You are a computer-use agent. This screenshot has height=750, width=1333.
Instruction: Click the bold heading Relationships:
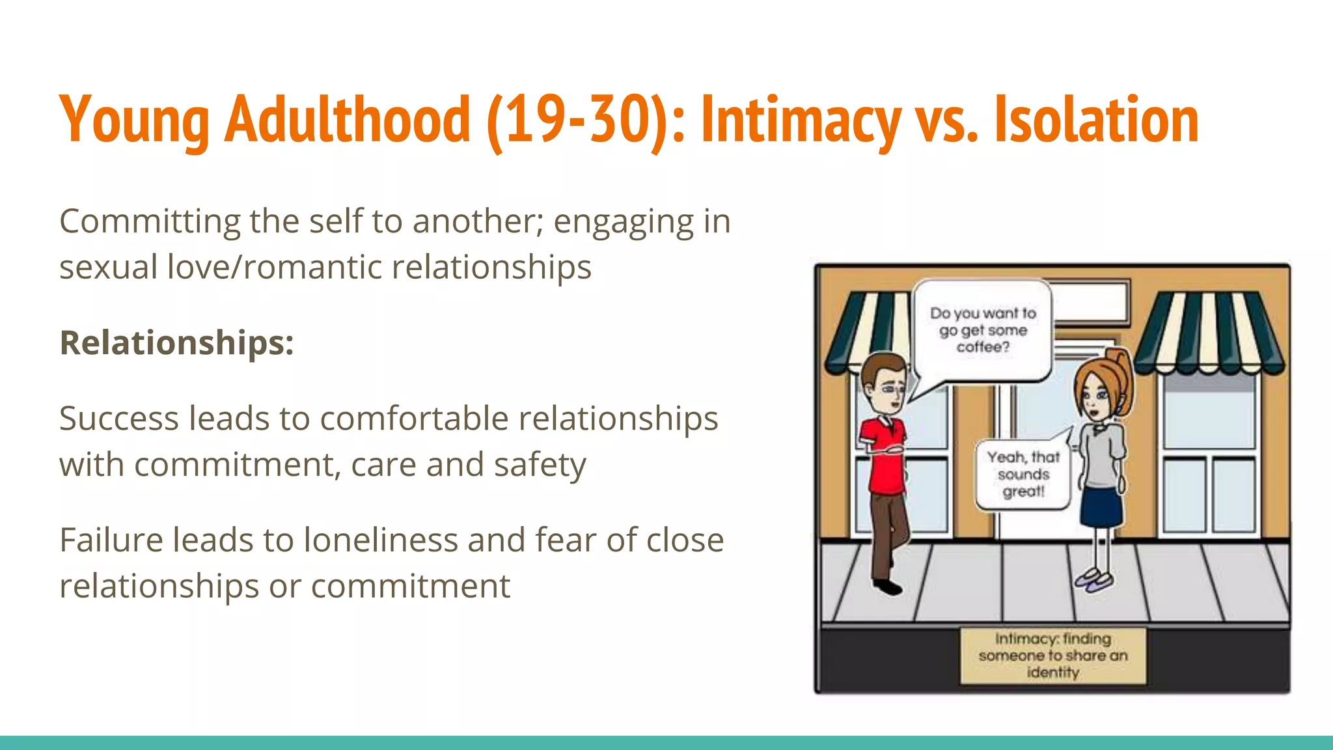(176, 342)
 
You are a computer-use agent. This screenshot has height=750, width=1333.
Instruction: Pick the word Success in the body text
(118, 418)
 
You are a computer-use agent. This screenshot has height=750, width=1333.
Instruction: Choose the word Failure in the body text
(111, 540)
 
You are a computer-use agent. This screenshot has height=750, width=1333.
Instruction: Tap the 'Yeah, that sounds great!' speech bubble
(1023, 475)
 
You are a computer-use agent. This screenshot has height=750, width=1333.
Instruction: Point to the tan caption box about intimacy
(1052, 656)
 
